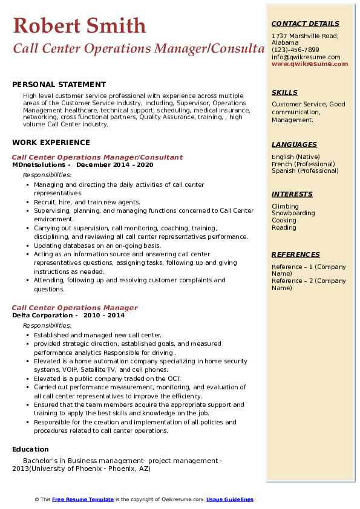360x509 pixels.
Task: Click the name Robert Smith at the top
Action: (x=79, y=25)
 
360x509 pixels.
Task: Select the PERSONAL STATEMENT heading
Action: (x=59, y=85)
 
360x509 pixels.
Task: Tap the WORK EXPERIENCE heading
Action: (x=51, y=143)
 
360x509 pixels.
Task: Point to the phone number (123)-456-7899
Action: (x=295, y=50)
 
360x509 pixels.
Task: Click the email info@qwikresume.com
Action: (x=306, y=57)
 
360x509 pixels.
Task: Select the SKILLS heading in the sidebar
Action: (x=284, y=92)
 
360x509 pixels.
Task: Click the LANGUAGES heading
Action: (x=294, y=144)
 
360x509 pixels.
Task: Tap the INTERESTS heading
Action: (x=292, y=194)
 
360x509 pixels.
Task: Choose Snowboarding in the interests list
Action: (x=293, y=213)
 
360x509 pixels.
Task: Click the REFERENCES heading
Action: (x=295, y=254)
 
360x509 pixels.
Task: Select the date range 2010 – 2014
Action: (x=104, y=315)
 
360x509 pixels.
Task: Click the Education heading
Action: (x=30, y=449)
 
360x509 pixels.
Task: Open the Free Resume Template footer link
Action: (x=83, y=499)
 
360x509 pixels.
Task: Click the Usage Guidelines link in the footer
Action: (x=229, y=499)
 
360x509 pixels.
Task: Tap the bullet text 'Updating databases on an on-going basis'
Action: (x=97, y=245)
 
